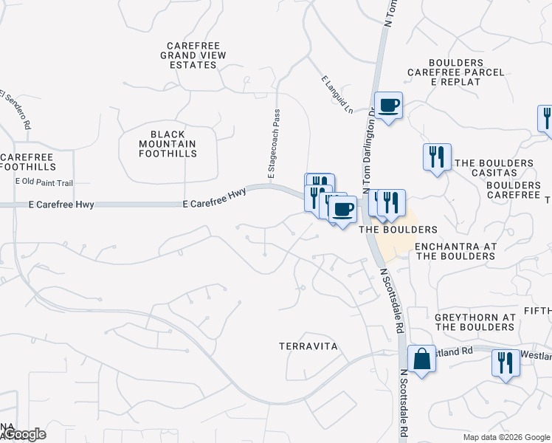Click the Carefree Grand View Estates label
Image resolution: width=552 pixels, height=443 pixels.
pos(191,55)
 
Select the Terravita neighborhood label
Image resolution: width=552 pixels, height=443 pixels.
pos(308,346)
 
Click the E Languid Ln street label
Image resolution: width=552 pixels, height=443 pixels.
pos(336,94)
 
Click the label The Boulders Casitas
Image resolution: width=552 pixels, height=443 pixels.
pos(494,168)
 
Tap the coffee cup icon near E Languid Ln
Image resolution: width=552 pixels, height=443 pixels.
pos(388,105)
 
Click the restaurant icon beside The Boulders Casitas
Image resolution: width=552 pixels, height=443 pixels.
pos(437,157)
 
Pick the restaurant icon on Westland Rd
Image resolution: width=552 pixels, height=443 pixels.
pos(506,363)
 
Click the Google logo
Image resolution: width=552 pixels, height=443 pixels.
pos(24,434)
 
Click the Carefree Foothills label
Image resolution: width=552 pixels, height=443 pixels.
pos(27,162)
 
